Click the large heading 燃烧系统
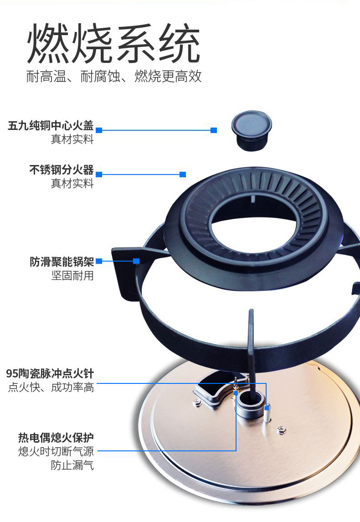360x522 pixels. tap(113, 43)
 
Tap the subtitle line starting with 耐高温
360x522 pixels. tap(114, 76)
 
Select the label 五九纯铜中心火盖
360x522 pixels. tap(51, 125)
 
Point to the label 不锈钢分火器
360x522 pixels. tap(62, 170)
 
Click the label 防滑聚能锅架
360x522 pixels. tap(62, 262)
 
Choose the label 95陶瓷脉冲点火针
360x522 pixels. tap(50, 373)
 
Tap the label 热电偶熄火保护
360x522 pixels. tap(56, 438)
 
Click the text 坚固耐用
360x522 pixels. tap(72, 276)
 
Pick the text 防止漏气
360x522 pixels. tap(72, 465)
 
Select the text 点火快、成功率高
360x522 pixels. tap(51, 387)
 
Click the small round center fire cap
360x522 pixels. tap(252, 130)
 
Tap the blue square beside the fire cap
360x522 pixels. tap(214, 130)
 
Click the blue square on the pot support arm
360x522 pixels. tap(136, 261)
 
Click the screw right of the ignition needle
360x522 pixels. tap(282, 430)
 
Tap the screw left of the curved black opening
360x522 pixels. tap(197, 403)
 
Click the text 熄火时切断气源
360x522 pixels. tap(56, 451)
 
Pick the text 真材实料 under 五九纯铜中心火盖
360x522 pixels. tap(72, 139)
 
